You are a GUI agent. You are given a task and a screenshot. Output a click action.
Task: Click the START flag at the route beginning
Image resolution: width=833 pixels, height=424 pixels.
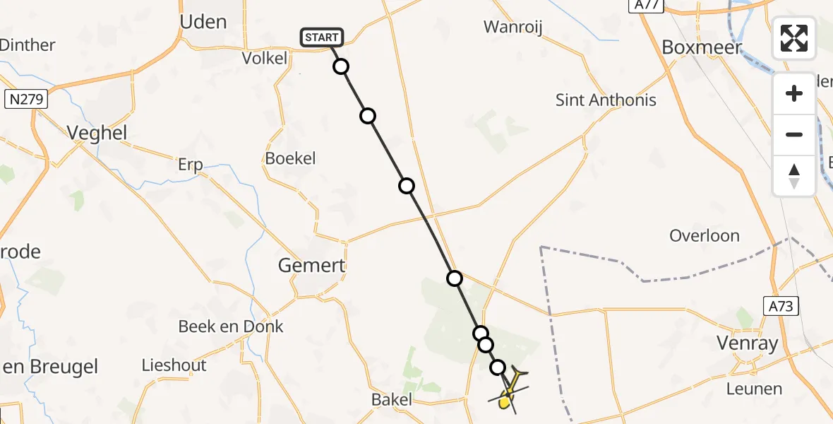coord(322,37)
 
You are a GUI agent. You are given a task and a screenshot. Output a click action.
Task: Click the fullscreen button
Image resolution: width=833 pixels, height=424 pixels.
coord(794,38)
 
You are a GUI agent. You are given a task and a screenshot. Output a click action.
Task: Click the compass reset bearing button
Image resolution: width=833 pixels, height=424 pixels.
coord(794,176)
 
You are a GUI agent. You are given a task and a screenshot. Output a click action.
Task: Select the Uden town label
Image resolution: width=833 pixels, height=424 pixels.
coord(203,22)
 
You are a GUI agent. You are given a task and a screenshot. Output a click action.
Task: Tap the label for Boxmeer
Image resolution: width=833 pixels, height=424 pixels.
coord(702,47)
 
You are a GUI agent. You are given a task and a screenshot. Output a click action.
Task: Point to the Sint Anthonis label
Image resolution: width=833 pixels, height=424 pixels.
coord(606,100)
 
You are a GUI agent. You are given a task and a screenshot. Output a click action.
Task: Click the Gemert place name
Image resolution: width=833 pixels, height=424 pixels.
coord(311,266)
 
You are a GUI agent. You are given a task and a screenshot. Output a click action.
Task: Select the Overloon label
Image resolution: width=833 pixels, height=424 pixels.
coord(704,235)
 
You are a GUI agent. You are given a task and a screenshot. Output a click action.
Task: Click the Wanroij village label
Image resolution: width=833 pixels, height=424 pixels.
coord(517,27)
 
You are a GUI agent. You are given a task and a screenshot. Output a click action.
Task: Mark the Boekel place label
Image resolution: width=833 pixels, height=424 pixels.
coord(290,158)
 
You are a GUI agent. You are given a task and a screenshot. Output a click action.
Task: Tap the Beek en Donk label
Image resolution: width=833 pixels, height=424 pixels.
coord(231,326)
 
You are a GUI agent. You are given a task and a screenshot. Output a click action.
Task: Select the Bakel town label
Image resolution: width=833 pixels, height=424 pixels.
coord(392,400)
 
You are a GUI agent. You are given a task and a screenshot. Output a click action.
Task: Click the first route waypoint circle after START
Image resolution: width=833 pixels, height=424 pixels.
coord(341,67)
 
